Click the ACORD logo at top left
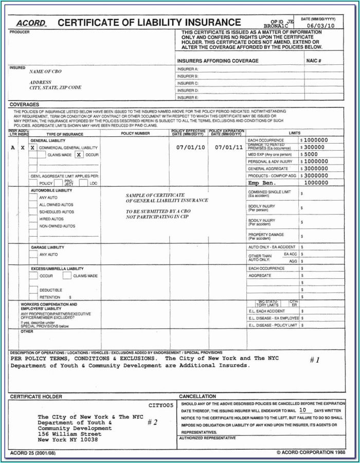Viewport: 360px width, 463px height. pyautogui.click(x=31, y=23)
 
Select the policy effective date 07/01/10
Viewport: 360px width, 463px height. pyautogui.click(x=190, y=147)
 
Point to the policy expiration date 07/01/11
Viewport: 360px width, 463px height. pyautogui.click(x=229, y=147)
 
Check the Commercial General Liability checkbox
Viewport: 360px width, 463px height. pyautogui.click(x=32, y=148)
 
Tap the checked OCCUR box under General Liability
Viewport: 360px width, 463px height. pyautogui.click(x=79, y=154)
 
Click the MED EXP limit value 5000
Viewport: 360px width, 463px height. pyautogui.click(x=312, y=154)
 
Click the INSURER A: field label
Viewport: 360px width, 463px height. pyautogui.click(x=188, y=69)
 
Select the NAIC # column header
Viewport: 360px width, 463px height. pyautogui.click(x=313, y=61)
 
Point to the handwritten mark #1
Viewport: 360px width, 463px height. pyautogui.click(x=315, y=360)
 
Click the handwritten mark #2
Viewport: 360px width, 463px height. pyautogui.click(x=152, y=422)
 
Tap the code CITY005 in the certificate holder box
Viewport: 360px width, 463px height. pyautogui.click(x=161, y=405)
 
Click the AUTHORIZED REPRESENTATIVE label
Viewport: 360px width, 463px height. pyautogui.click(x=207, y=438)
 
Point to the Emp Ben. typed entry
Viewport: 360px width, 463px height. pyautogui.click(x=261, y=183)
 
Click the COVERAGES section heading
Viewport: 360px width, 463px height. pyautogui.click(x=24, y=104)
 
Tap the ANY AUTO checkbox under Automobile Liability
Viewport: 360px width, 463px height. pyautogui.click(x=33, y=198)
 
